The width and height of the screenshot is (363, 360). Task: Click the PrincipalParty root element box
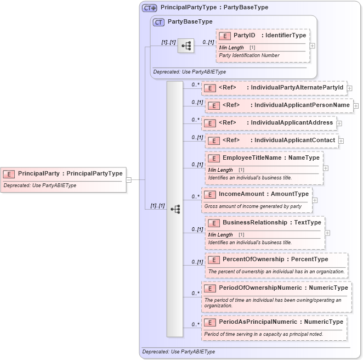pyautogui.click(x=63, y=173)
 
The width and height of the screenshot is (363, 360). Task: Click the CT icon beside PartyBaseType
pyautogui.click(x=159, y=22)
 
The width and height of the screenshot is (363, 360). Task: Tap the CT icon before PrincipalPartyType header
pyautogui.click(x=149, y=8)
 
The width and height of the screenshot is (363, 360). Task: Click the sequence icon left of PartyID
pyautogui.click(x=186, y=46)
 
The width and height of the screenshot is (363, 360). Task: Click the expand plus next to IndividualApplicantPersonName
pyautogui.click(x=355, y=105)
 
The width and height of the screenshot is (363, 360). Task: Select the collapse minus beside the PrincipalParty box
pyautogui.click(x=128, y=179)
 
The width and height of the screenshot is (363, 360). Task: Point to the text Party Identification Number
pyautogui.click(x=249, y=55)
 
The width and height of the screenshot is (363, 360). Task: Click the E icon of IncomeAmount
pyautogui.click(x=209, y=194)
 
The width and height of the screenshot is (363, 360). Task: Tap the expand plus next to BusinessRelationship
pyautogui.click(x=327, y=233)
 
